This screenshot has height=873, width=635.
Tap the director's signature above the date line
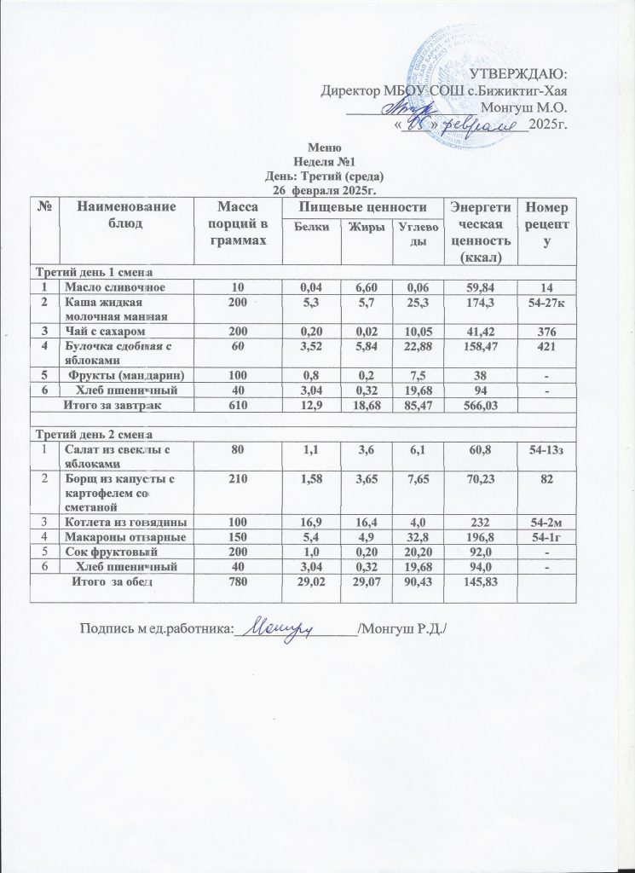408,107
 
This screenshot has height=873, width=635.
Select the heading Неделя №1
317,161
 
